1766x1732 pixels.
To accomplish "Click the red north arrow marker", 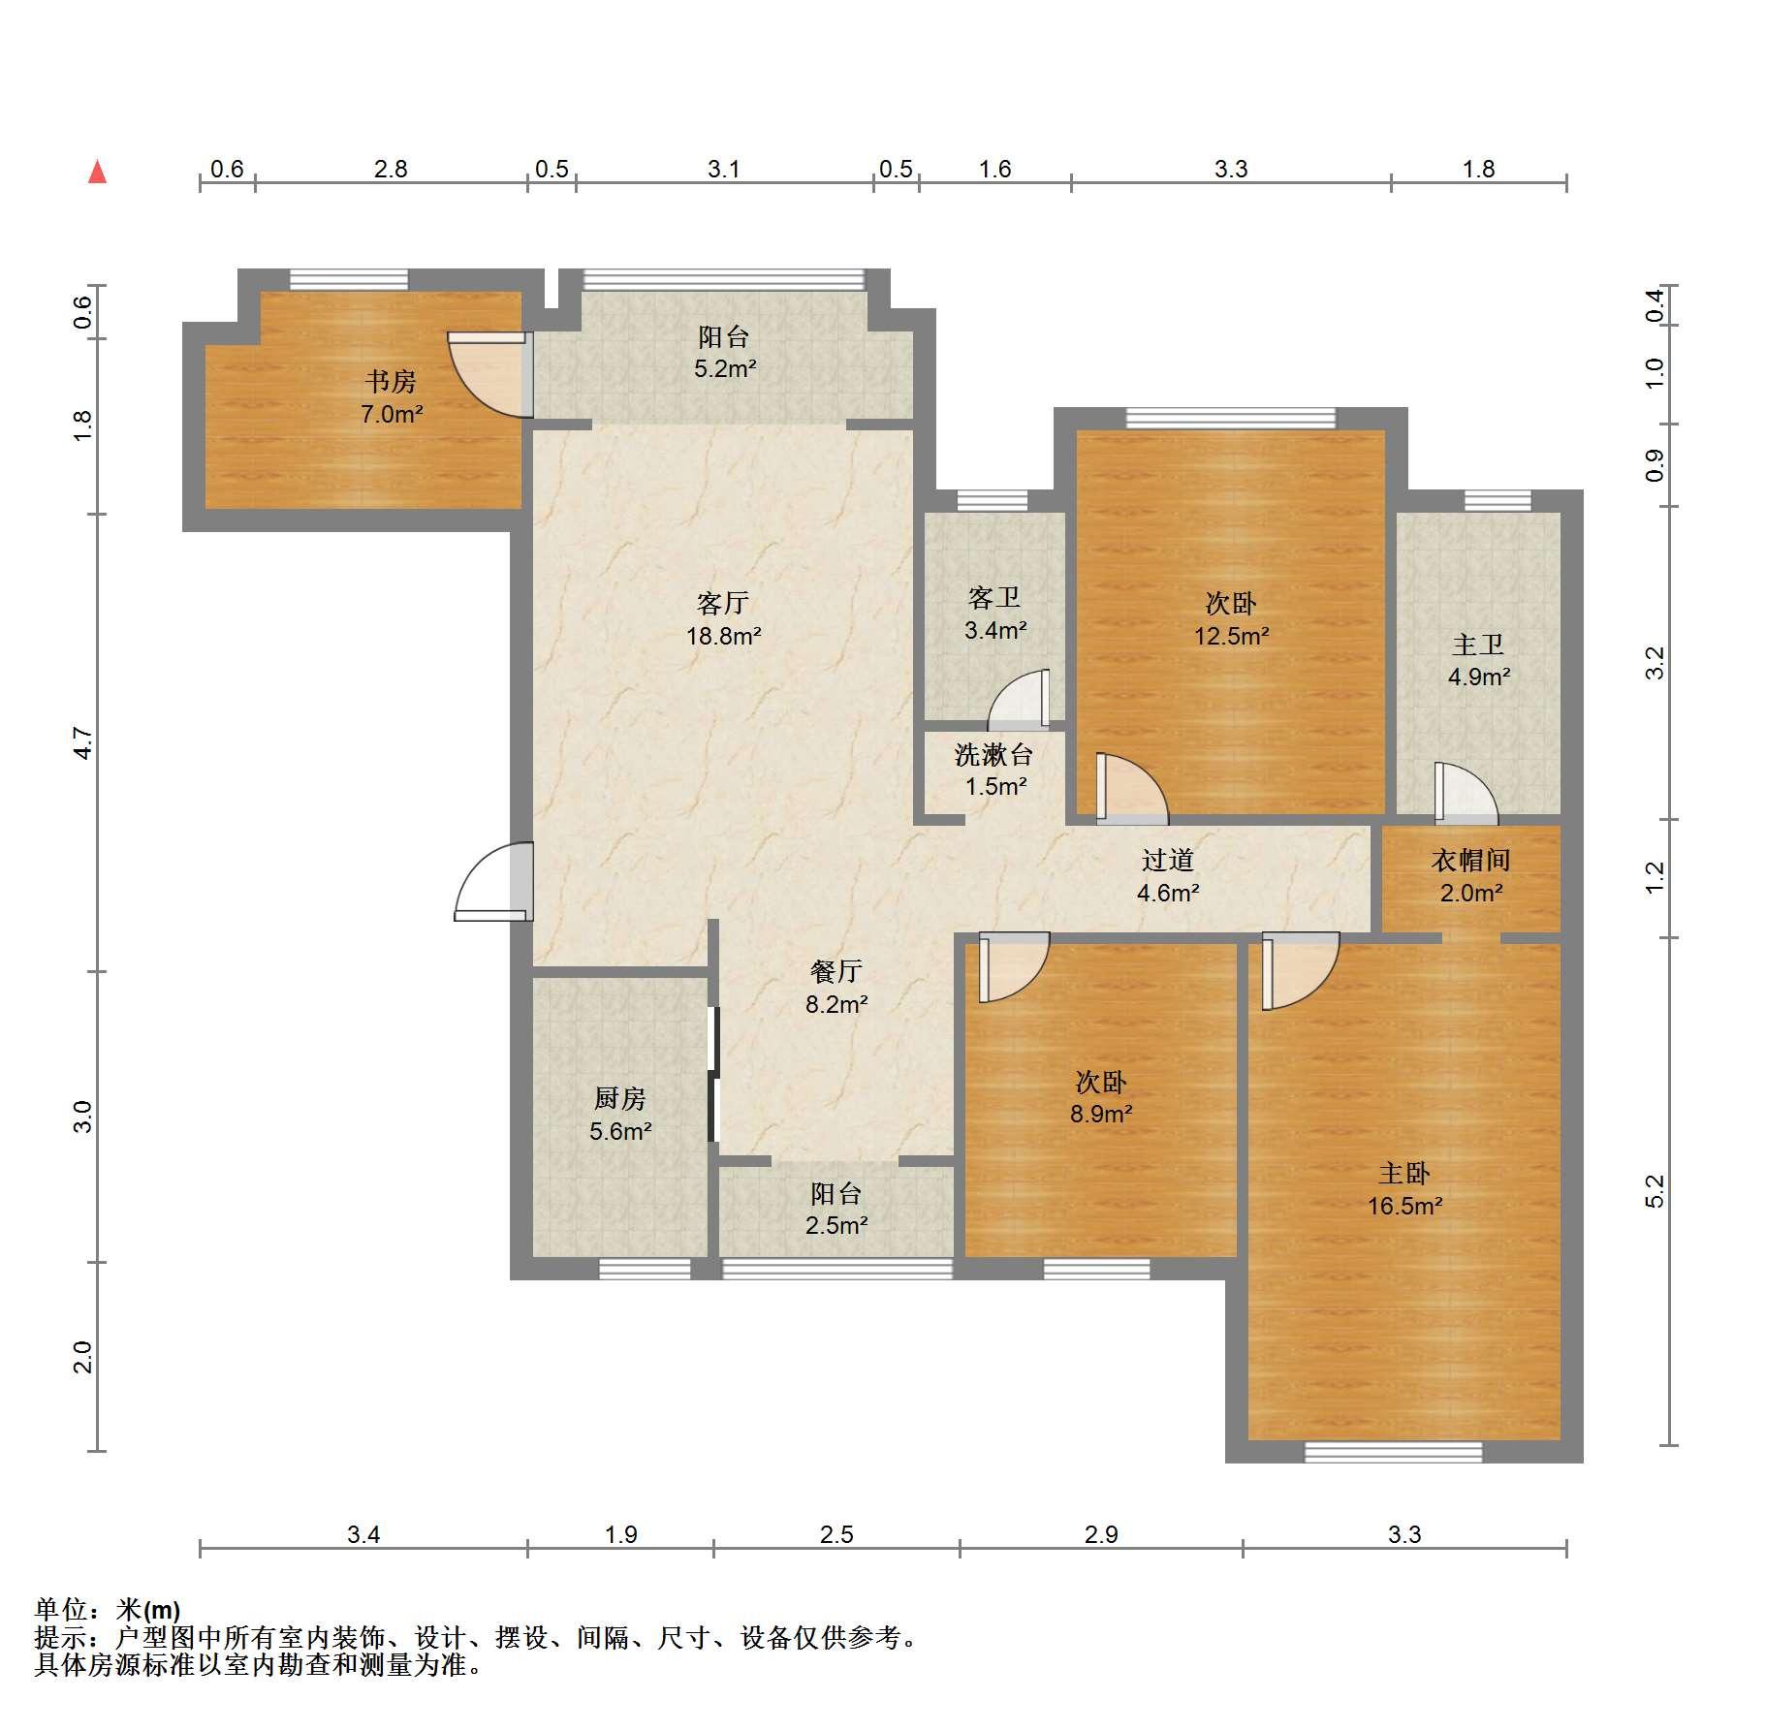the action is point(97,172).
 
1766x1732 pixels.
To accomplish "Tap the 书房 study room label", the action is point(391,382).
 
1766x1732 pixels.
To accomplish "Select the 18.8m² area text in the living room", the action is point(723,637).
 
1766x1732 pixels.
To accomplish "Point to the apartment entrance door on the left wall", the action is point(494,881).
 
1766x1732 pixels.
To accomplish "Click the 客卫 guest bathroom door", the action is point(1019,699).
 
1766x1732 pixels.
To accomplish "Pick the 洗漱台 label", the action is point(993,754).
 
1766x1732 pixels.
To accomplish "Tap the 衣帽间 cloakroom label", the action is point(1470,860).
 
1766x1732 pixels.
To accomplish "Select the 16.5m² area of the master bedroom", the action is point(1404,1206).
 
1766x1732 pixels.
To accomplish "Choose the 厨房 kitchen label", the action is point(619,1098).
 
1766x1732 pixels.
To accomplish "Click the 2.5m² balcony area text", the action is point(836,1225).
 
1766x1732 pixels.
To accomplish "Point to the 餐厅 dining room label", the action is point(836,971).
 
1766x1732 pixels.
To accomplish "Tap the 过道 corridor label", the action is point(1167,860).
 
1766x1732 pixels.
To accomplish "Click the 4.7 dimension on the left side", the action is point(82,742).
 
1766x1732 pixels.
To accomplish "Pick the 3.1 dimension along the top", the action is point(723,170).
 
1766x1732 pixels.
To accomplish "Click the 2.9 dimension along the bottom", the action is point(1101,1534).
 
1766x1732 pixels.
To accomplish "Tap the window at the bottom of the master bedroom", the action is point(1393,1451).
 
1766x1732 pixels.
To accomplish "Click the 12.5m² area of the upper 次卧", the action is point(1231,637).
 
